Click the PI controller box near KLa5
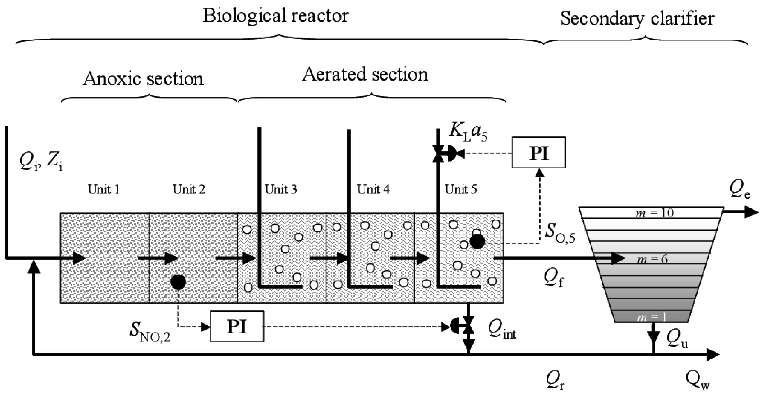tap(538, 153)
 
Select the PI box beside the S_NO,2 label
tap(237, 326)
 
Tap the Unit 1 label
tap(104, 189)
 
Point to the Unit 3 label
tap(281, 189)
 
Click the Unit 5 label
tap(460, 189)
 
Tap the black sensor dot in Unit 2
tap(178, 282)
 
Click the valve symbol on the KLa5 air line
tap(438, 154)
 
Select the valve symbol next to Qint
tap(468, 326)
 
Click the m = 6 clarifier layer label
tap(652, 259)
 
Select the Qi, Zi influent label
tap(41, 163)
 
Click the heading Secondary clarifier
tap(637, 18)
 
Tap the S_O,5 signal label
tap(560, 233)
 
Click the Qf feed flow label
tap(553, 279)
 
